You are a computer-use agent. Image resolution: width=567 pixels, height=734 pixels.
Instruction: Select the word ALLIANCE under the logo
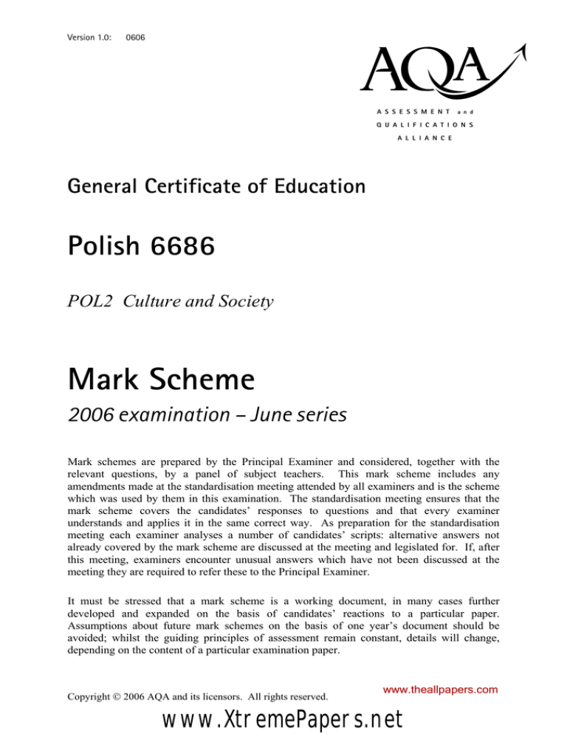(427, 138)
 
